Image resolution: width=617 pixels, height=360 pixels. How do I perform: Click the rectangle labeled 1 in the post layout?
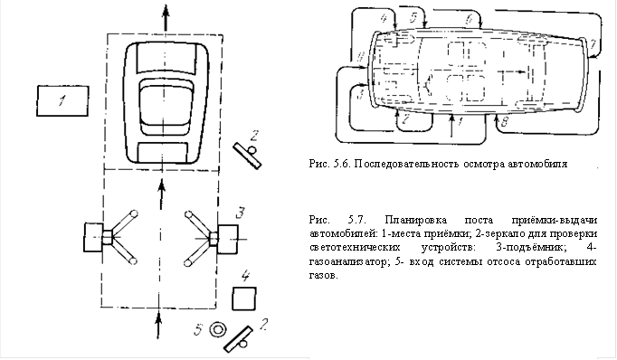[x=62, y=101]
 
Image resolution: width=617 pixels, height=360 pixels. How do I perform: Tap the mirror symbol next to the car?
[x=248, y=156]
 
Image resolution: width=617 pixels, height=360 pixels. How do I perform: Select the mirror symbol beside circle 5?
[x=239, y=339]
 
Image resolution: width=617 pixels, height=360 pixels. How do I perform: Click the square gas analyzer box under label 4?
[x=244, y=298]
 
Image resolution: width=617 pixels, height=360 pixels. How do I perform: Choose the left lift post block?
[x=94, y=237]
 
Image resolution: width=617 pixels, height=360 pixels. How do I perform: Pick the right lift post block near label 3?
[x=228, y=239]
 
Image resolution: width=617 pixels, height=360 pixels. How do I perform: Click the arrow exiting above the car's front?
[x=166, y=18]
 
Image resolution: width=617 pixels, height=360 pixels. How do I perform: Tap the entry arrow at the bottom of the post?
[x=158, y=325]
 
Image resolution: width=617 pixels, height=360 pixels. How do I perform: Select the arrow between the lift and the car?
[x=161, y=194]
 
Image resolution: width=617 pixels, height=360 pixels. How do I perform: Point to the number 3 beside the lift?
[x=241, y=213]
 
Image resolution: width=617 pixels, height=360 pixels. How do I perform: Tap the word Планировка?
[x=416, y=220]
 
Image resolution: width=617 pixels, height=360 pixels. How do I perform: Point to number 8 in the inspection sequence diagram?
[x=505, y=121]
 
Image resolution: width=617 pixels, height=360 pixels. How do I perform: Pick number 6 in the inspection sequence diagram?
[x=469, y=18]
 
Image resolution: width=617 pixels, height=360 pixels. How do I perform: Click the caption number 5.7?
[x=357, y=220]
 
